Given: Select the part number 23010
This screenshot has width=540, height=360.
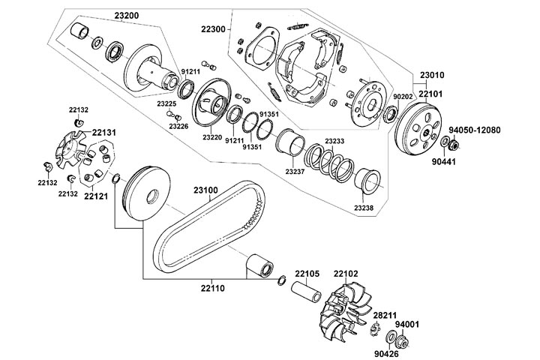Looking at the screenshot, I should click(x=433, y=75).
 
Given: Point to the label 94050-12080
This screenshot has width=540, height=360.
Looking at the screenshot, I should click(x=475, y=130).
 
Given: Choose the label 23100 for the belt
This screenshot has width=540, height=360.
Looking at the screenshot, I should click(x=205, y=190).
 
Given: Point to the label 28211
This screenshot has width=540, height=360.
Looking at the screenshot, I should click(x=385, y=317).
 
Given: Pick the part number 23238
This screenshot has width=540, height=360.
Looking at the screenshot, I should click(x=364, y=207).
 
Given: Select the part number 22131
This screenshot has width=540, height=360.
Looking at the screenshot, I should click(x=104, y=132).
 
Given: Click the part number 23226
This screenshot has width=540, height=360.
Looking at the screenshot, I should click(x=178, y=126).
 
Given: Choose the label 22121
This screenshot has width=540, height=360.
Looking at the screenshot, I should click(x=96, y=196).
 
